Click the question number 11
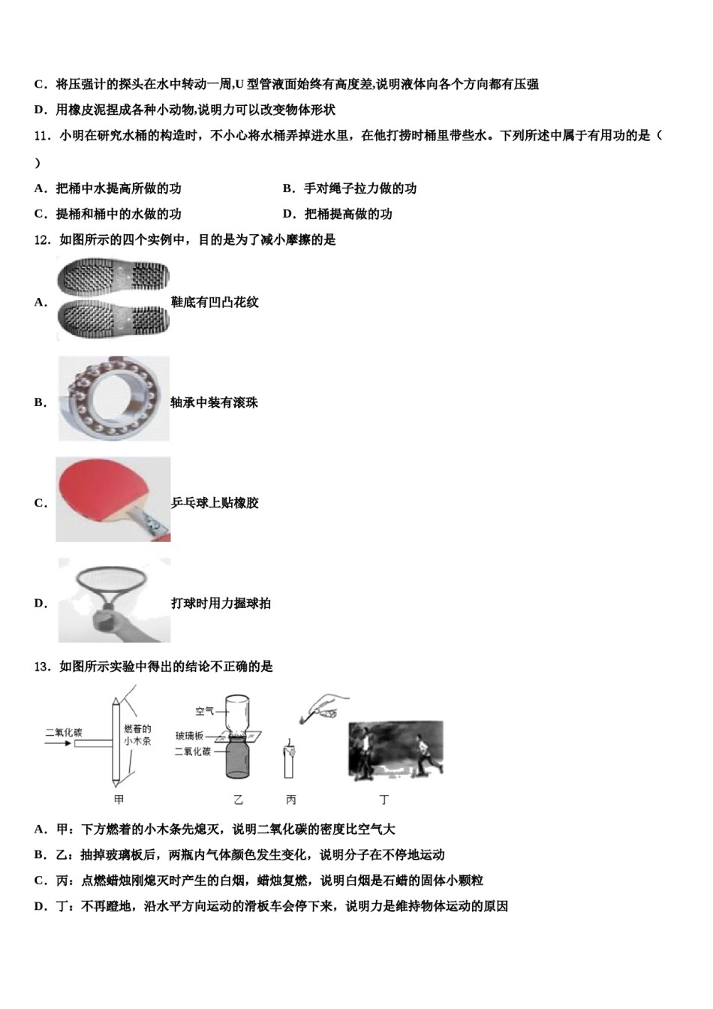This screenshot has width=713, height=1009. pyautogui.click(x=42, y=136)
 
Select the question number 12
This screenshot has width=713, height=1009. pyautogui.click(x=42, y=240)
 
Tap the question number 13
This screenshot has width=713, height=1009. pyautogui.click(x=42, y=666)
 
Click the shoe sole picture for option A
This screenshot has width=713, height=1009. pyautogui.click(x=113, y=300)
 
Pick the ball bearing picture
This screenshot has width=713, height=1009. pyautogui.click(x=113, y=399)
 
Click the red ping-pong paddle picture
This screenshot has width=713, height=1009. pyautogui.click(x=113, y=499)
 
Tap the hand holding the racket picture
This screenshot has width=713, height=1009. pyautogui.click(x=114, y=600)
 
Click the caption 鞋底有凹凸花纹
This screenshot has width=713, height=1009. pyautogui.click(x=215, y=303)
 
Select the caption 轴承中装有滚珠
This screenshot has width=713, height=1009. pyautogui.click(x=215, y=403)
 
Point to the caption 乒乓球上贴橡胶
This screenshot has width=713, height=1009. pyautogui.click(x=215, y=503)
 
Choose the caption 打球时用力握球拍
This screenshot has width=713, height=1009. pyautogui.click(x=221, y=604)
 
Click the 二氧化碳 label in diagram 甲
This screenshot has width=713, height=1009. pyautogui.click(x=64, y=732)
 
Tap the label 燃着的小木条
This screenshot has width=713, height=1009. pyautogui.click(x=137, y=735)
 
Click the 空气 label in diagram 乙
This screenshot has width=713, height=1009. pyautogui.click(x=205, y=711)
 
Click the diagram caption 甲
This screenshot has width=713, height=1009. pyautogui.click(x=119, y=800)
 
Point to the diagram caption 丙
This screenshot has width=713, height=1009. pyautogui.click(x=290, y=800)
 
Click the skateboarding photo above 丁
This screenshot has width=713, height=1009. pyautogui.click(x=396, y=751)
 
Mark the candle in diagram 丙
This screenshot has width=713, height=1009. pyautogui.click(x=288, y=761)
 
